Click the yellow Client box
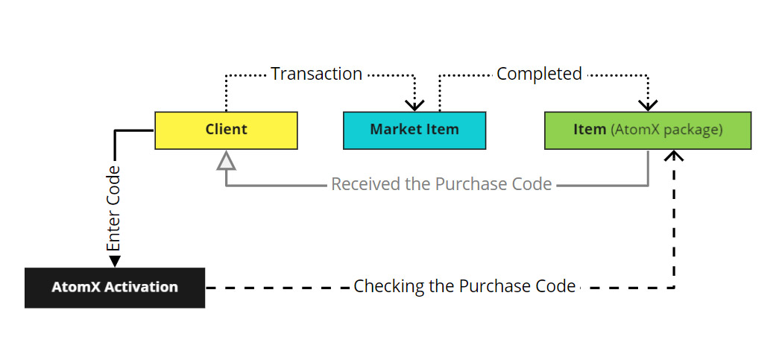(226, 130)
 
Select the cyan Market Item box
(414, 130)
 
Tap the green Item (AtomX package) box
(647, 130)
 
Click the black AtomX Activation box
(114, 287)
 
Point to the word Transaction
(316, 74)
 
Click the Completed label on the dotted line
(539, 74)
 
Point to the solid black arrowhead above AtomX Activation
(114, 261)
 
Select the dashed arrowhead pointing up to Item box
(675, 155)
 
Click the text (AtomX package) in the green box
(666, 130)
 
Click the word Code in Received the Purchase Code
(531, 184)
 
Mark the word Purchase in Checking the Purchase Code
(492, 286)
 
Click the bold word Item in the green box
(589, 130)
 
